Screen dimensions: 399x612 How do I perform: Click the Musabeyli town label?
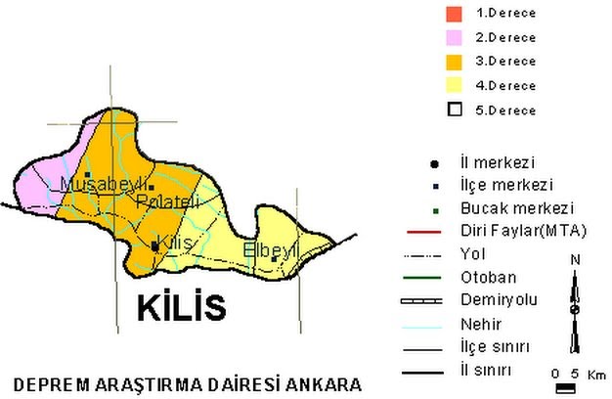pos(103,184)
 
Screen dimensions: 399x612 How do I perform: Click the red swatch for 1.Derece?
pos(454,14)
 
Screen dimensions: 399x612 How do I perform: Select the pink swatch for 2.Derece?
pos(454,37)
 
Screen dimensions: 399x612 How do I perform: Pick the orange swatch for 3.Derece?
pos(454,62)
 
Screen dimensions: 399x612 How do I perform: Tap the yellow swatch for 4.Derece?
pos(454,85)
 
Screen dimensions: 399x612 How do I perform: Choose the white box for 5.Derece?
pos(454,110)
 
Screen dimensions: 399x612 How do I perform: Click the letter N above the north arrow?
pos(576,259)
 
